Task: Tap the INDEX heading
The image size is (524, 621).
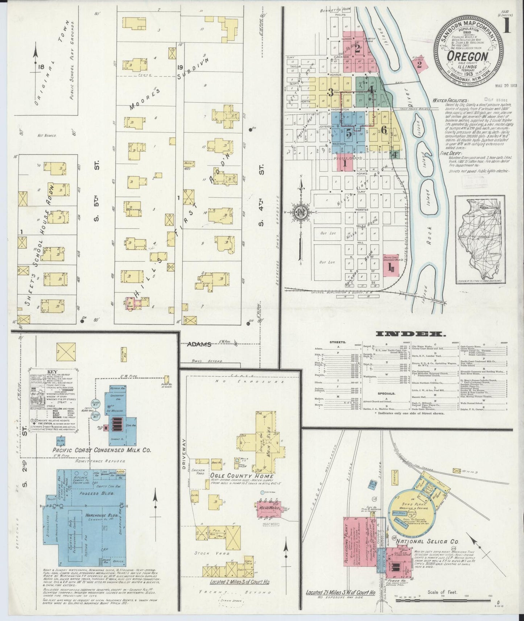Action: [x=407, y=334]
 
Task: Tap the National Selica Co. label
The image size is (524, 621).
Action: [x=427, y=541]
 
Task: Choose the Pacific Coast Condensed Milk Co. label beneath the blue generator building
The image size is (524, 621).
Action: [x=100, y=450]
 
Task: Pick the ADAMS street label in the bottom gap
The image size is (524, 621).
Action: [x=199, y=344]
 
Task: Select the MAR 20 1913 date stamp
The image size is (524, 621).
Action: [x=506, y=86]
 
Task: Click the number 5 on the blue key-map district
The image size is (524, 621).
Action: [x=348, y=133]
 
